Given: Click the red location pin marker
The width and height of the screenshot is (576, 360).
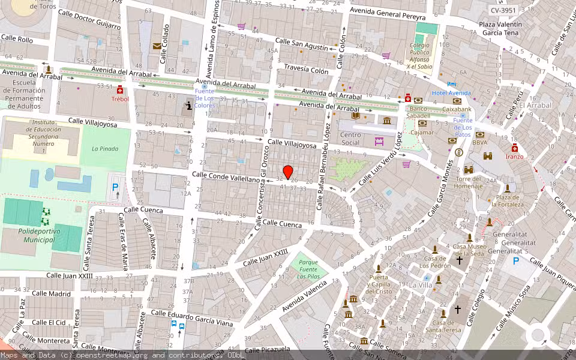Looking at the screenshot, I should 288,172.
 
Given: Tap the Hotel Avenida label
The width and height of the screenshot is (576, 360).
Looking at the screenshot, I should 451,93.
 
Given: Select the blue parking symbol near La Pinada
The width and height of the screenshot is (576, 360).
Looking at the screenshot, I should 115,187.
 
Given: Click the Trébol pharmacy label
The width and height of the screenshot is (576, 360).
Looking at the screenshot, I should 120,99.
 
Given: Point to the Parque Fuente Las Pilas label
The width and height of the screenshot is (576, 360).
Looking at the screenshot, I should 308,270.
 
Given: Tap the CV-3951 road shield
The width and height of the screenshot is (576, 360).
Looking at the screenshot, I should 503,10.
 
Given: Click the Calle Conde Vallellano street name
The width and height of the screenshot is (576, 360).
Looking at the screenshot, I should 226,176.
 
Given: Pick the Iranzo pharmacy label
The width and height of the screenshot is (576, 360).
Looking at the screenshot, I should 514,157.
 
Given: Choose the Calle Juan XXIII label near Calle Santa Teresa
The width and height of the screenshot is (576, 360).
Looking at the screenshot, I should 70,276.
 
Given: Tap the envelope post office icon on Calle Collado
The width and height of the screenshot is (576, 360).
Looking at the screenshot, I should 157,46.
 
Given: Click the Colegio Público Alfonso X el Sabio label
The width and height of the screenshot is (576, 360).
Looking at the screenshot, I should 420,55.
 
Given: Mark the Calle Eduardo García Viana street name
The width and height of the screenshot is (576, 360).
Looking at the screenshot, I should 191,319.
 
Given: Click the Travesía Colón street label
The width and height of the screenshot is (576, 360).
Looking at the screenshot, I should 306,70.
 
